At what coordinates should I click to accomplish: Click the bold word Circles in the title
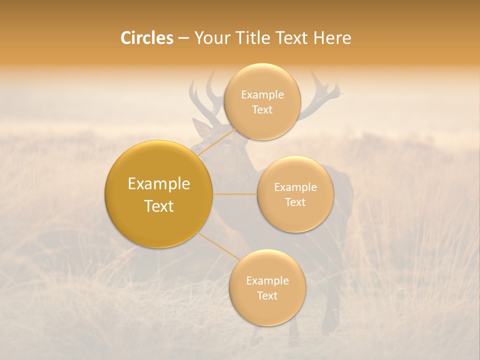[x=147, y=38]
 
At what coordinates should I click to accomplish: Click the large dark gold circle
[x=158, y=194]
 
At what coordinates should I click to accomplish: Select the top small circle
[x=262, y=101]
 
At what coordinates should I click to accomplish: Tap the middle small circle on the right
[x=295, y=194]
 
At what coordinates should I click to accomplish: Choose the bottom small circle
[x=267, y=288]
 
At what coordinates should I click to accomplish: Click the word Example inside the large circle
[x=158, y=184]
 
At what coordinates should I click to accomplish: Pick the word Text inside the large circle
[x=158, y=206]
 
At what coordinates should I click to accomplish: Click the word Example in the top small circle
[x=262, y=94]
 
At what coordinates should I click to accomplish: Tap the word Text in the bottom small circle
[x=267, y=295]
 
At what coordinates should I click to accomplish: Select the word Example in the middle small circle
[x=295, y=187]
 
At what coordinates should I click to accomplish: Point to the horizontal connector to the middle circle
[x=234, y=194]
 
